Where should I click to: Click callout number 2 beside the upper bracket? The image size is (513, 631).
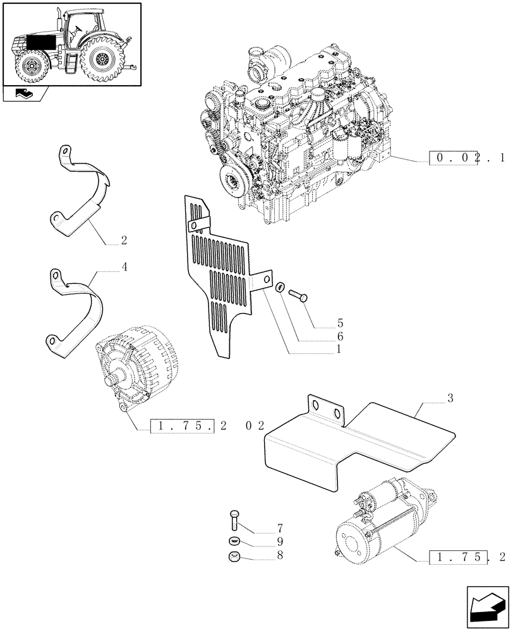pos(124,240)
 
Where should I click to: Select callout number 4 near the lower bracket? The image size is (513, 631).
pos(124,267)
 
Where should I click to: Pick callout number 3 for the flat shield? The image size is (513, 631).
pos(450,398)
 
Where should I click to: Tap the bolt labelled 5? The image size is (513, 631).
pos(298,294)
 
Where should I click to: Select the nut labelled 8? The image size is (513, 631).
pos(232,557)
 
